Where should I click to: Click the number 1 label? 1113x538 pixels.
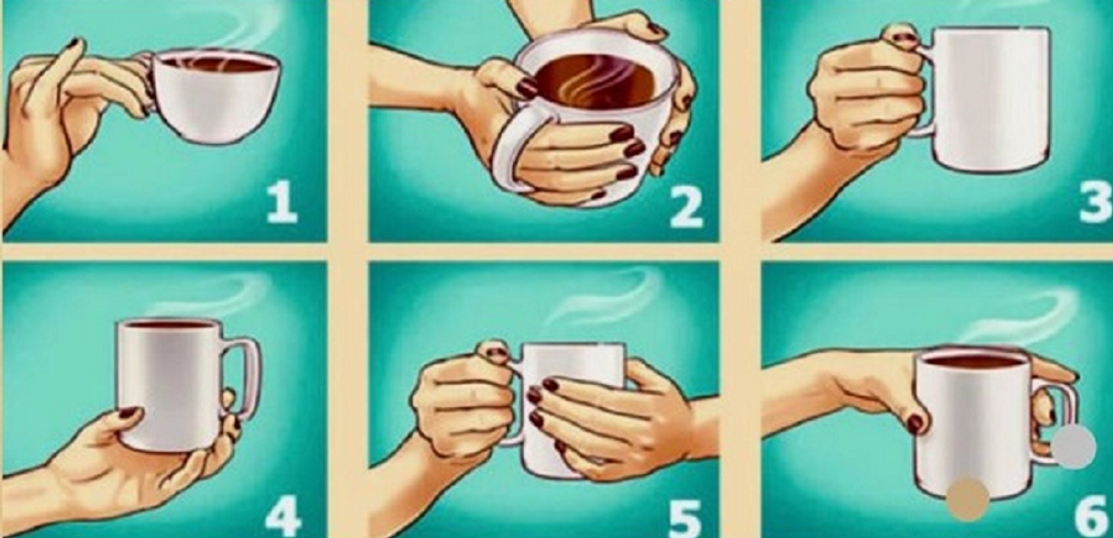pos(282,204)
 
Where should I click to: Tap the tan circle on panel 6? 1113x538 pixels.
pos(967,500)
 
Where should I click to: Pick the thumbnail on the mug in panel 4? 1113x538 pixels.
pos(129,413)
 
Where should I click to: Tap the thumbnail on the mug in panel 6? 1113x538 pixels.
pos(916,424)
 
